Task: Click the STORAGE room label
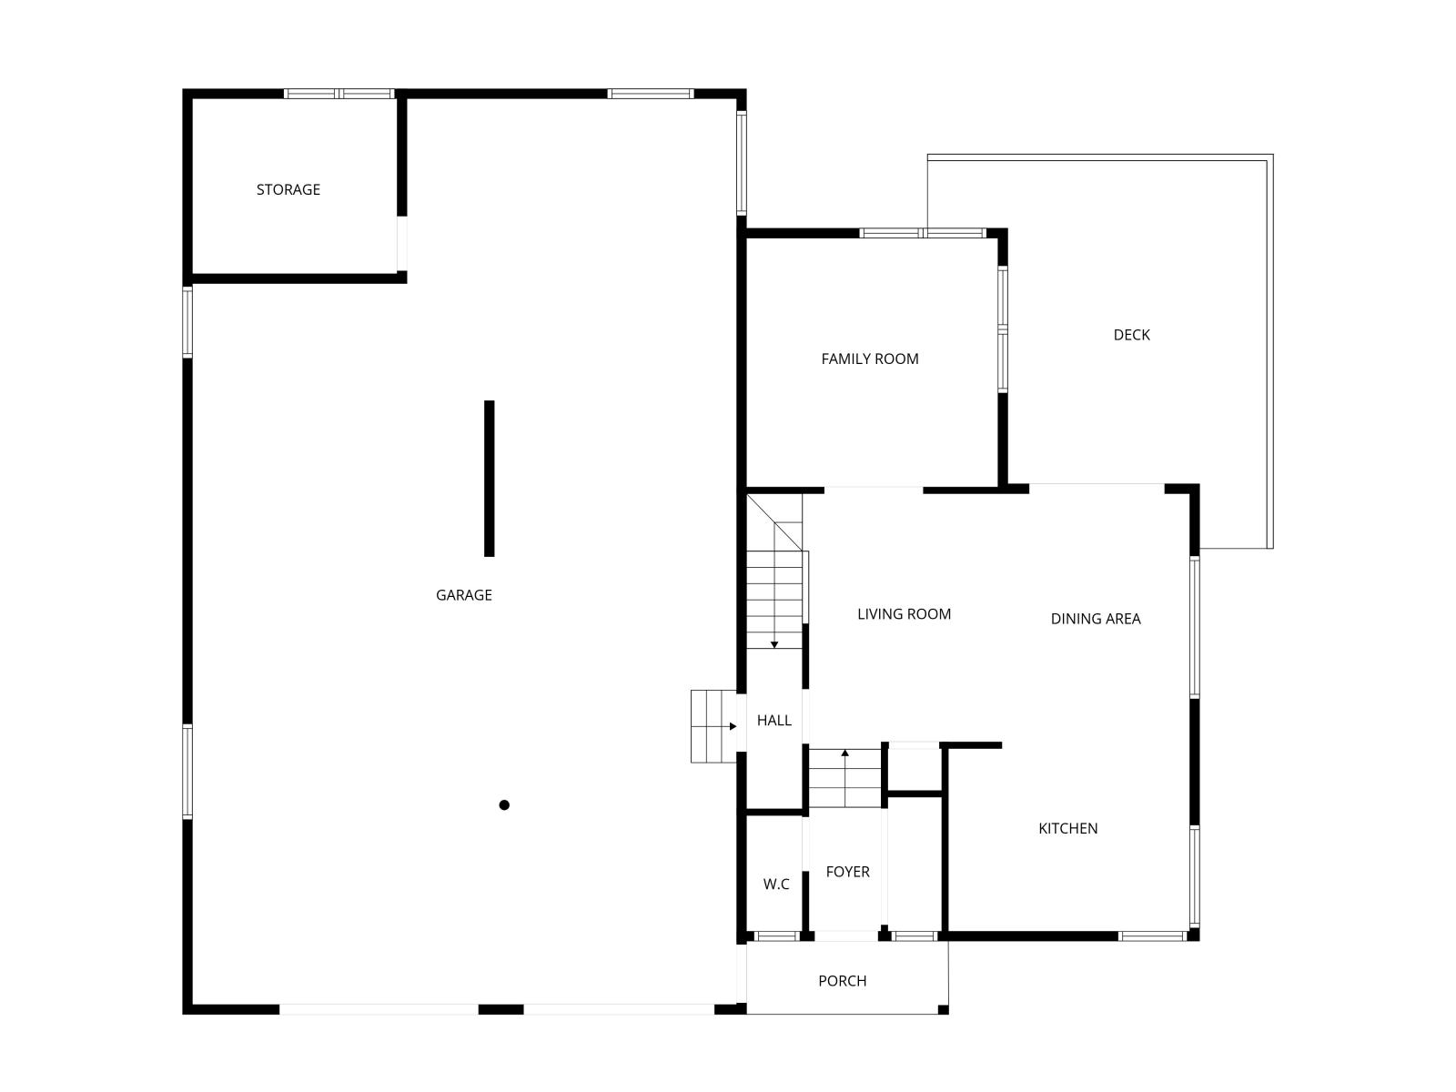(288, 189)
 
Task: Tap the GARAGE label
(464, 595)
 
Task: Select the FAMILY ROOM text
(870, 359)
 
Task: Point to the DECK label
(1131, 335)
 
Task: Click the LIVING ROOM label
(904, 614)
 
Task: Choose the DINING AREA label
(1095, 619)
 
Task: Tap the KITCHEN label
(1067, 828)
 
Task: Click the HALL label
(773, 720)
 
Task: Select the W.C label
(775, 884)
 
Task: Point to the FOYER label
(847, 872)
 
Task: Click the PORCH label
(842, 981)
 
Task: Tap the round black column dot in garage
(504, 805)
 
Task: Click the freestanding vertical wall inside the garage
(489, 478)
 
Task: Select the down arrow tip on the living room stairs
(773, 647)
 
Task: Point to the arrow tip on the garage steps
(735, 726)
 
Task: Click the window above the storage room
(339, 94)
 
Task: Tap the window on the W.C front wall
(777, 935)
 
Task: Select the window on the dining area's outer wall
(1194, 627)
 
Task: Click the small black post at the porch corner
(943, 1010)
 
